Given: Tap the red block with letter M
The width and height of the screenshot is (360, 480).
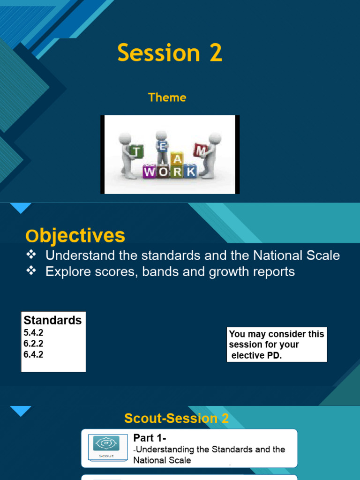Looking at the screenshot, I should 201,150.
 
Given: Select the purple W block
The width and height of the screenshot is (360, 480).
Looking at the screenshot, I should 150,172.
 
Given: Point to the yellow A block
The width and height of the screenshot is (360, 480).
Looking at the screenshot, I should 176,160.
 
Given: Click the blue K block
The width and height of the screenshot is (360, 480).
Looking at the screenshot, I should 190,172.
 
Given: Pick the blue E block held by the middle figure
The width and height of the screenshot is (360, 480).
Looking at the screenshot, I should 162,146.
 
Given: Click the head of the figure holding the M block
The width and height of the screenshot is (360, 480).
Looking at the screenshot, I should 215,138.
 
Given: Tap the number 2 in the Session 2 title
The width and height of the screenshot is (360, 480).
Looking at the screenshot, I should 216,53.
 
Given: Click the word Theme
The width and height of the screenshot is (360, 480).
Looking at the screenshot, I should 167,97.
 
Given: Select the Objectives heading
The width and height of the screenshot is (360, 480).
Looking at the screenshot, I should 75,236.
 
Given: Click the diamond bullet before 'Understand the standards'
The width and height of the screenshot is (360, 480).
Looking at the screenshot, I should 31,255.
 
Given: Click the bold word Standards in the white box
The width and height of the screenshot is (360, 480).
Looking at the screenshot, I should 52,321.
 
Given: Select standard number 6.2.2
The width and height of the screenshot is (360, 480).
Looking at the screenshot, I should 33,344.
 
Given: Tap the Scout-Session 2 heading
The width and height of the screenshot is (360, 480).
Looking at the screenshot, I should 177,418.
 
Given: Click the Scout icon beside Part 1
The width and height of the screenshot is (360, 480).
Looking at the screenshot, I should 106,447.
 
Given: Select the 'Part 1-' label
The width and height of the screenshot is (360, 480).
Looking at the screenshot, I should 150,438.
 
